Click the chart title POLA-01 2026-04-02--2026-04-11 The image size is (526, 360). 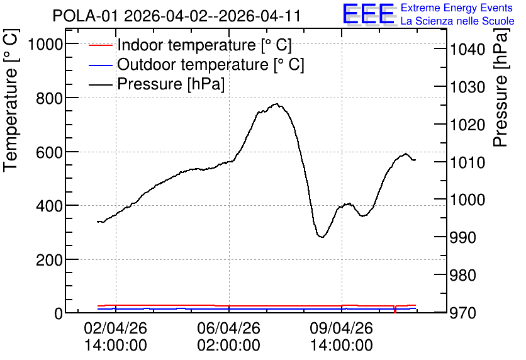pyautogui.click(x=176, y=16)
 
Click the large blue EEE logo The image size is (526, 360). pyautogui.click(x=369, y=14)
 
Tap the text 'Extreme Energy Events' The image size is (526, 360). pyautogui.click(x=457, y=8)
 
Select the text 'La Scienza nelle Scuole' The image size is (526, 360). pyautogui.click(x=457, y=21)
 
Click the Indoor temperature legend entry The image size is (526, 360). pyautogui.click(x=190, y=45)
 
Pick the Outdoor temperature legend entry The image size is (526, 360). pyautogui.click(x=196, y=64)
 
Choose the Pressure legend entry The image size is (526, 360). pyautogui.click(x=157, y=84)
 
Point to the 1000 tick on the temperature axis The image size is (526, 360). pyautogui.click(x=45, y=44)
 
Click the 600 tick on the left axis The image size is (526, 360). pyautogui.click(x=49, y=152)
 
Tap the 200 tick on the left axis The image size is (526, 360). pyautogui.click(x=49, y=260)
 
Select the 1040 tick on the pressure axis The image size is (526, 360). pyautogui.click(x=467, y=50)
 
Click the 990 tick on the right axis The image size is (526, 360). pyautogui.click(x=463, y=237)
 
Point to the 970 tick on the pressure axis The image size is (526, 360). pyautogui.click(x=463, y=313)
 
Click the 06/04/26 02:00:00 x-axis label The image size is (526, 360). pyautogui.click(x=228, y=337)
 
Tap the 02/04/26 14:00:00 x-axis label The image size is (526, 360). pyautogui.click(x=115, y=337)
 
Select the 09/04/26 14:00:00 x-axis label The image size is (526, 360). pyautogui.click(x=342, y=337)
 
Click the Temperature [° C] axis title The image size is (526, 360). pyautogui.click(x=11, y=101)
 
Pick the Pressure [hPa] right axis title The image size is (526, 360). pyautogui.click(x=500, y=87)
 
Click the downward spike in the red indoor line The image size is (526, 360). pyautogui.click(x=395, y=310)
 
